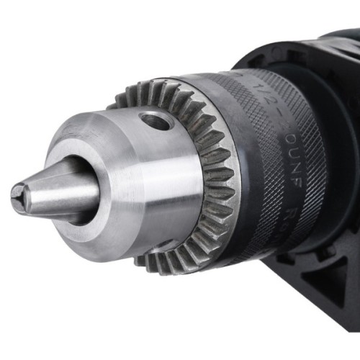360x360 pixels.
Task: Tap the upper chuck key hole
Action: (x=156, y=119)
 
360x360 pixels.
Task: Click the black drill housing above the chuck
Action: (x=324, y=50)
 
